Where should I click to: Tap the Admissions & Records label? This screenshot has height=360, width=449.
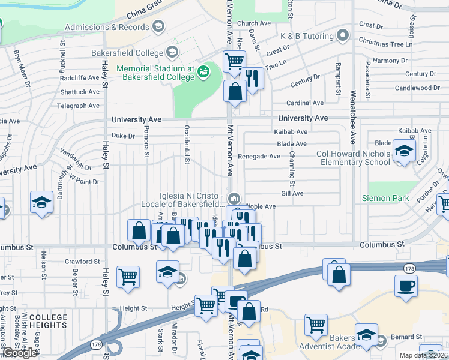[x=107, y=27]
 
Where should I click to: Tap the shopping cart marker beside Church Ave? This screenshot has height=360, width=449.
[x=234, y=60]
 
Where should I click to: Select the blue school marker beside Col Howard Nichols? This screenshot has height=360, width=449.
[x=404, y=151]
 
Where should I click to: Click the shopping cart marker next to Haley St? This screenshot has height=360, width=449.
[x=128, y=277]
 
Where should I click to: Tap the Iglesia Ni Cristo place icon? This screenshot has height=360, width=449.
[x=235, y=198]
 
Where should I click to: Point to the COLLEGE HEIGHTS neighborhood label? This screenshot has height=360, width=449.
[x=48, y=321]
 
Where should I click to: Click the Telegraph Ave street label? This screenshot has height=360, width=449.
[x=78, y=106]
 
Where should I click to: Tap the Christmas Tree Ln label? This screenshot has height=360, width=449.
[x=385, y=43]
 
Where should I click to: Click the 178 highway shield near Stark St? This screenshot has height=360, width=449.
[x=95, y=345]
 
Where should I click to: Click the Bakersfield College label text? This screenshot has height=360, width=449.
[x=127, y=53]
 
